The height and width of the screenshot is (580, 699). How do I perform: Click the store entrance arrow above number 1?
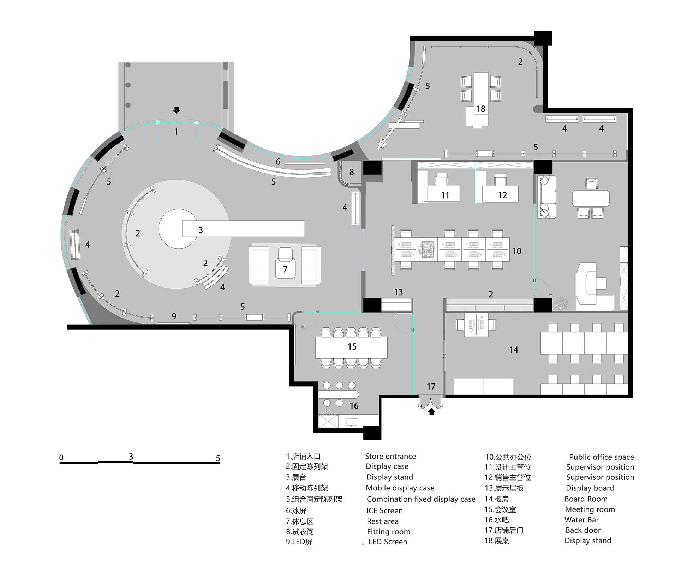(x=177, y=110)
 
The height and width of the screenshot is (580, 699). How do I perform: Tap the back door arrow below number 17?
(x=431, y=411)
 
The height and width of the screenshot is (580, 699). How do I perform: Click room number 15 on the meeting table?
(x=352, y=346)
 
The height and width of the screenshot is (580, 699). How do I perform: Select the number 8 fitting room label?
(x=352, y=172)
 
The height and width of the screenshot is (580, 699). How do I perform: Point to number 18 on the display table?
(x=481, y=109)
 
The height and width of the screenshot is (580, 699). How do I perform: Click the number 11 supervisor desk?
(x=442, y=194)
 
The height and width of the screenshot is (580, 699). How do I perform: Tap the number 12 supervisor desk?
(x=500, y=194)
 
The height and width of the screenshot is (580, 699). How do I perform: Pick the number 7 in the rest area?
(x=285, y=270)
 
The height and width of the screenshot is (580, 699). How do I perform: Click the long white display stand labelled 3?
(x=243, y=229)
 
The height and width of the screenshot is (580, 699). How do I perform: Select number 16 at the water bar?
(x=354, y=406)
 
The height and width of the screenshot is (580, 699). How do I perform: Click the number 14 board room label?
(x=514, y=350)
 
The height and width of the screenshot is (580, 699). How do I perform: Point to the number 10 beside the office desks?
(x=517, y=251)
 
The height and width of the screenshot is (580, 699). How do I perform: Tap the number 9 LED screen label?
(x=174, y=316)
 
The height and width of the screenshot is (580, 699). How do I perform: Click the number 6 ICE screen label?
(x=278, y=162)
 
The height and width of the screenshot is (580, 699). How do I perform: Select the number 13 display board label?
(x=399, y=292)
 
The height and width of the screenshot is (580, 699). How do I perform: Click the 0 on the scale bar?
(x=61, y=458)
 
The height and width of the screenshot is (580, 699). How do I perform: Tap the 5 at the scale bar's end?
(x=218, y=458)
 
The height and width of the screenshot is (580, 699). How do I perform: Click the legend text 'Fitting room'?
(x=388, y=532)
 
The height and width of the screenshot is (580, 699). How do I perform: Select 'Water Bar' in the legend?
(x=581, y=520)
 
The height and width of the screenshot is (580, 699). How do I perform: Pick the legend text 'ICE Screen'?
(x=384, y=510)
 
